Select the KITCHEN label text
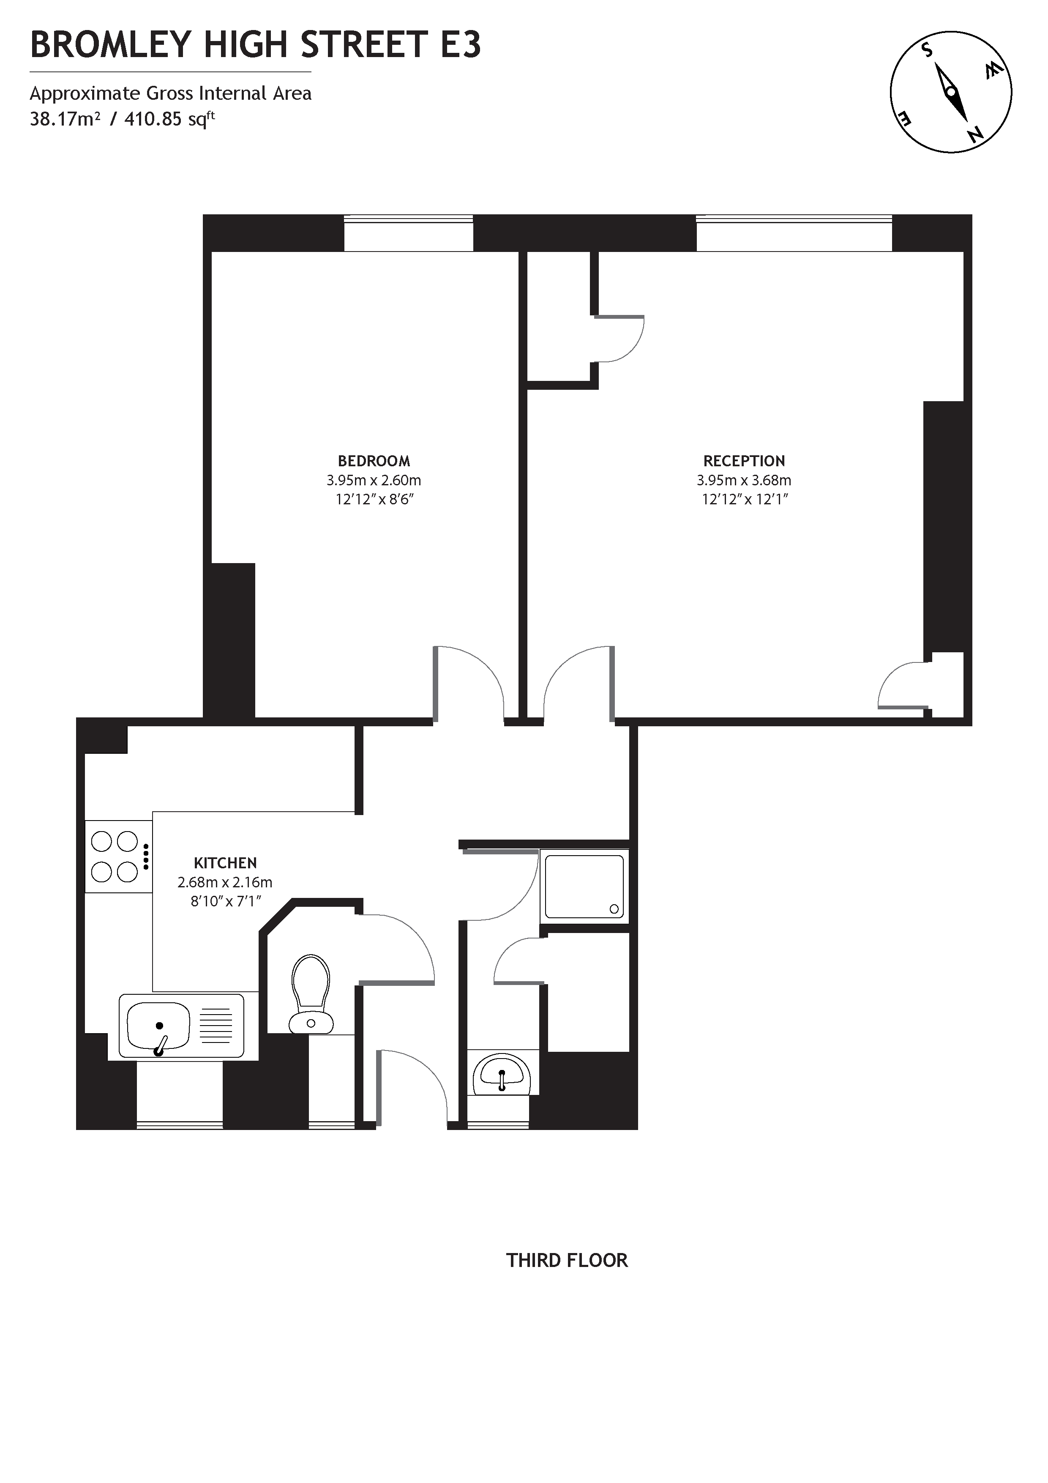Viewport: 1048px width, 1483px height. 225,862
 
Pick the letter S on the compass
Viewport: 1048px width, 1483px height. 927,50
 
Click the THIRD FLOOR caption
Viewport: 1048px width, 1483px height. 566,1260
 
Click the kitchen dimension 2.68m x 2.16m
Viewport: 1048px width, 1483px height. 225,882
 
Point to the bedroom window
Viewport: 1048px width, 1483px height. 408,233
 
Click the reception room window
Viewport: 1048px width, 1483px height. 794,233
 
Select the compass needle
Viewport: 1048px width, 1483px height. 951,92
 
